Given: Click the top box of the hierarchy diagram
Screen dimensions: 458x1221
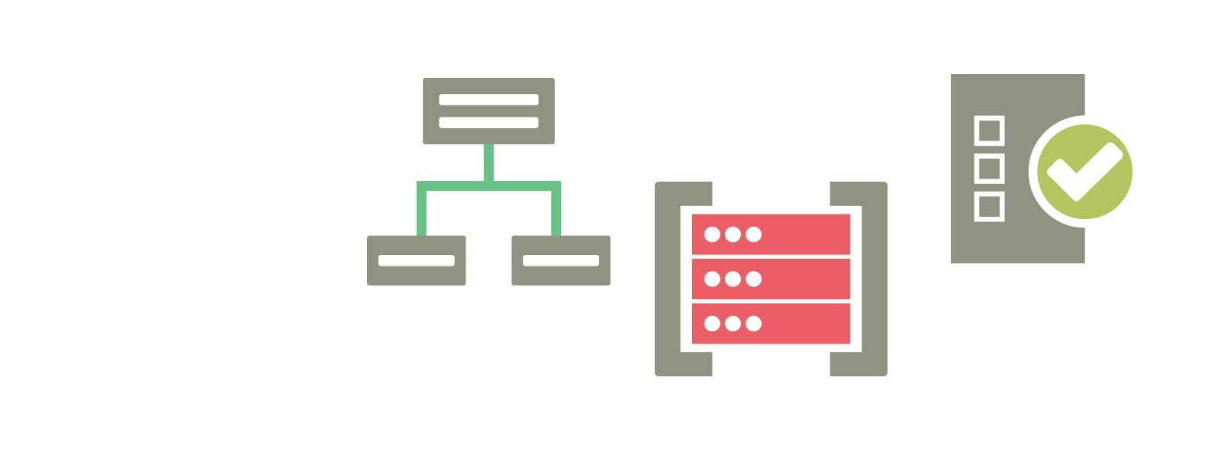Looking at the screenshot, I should tap(488, 85).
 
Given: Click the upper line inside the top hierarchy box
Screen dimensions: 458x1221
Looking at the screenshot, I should tap(488, 100).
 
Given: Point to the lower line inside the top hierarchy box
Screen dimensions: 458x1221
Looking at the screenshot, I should tap(488, 122).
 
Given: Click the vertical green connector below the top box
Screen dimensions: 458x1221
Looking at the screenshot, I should tap(488, 163).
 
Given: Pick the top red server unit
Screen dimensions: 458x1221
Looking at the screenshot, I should tap(801, 234).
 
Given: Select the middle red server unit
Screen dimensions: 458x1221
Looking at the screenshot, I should tap(801, 279).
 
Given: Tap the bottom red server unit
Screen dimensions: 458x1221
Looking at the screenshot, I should tap(801, 324).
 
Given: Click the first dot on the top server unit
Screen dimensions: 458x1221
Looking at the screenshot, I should tap(712, 234).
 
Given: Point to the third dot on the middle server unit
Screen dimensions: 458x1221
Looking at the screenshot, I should tap(754, 279).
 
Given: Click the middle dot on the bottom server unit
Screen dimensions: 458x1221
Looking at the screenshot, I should tap(733, 324).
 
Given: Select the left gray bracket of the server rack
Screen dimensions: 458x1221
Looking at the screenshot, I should tap(668, 279).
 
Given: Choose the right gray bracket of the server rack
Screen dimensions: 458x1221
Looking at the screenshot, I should tap(875, 279).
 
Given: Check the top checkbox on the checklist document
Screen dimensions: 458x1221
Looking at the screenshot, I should tap(989, 131).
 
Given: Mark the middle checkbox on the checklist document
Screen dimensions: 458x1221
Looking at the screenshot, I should tap(989, 168).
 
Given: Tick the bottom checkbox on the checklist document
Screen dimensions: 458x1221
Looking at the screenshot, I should tap(989, 206).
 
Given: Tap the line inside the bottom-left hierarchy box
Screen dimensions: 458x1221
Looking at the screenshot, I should tap(417, 260).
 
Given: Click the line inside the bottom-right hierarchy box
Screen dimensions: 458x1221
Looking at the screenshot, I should tap(561, 260).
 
